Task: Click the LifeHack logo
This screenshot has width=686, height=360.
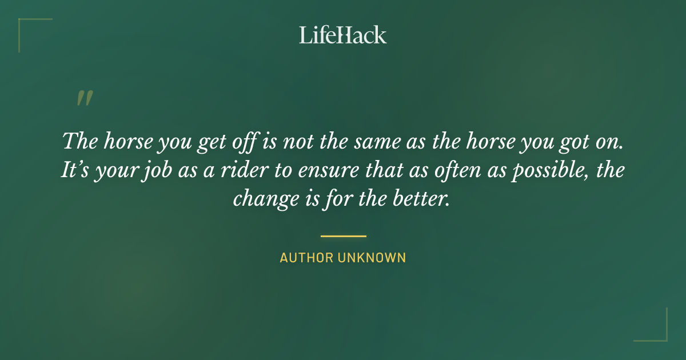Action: tap(343, 35)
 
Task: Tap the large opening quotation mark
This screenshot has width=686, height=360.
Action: tap(84, 98)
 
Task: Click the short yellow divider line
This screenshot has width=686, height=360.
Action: tap(343, 235)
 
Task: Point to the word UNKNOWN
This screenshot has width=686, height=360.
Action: tap(372, 258)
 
